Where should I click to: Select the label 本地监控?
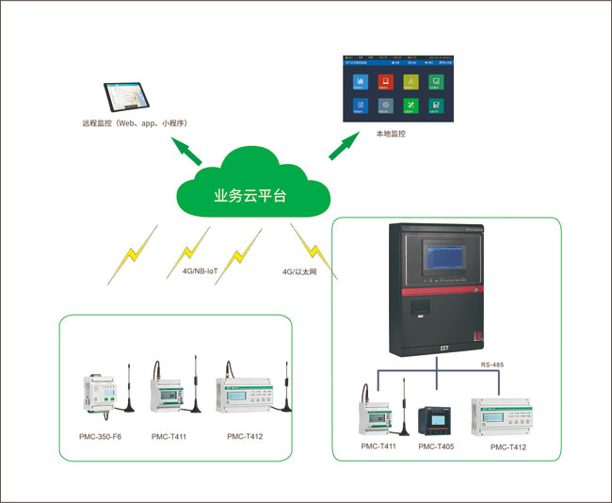390,135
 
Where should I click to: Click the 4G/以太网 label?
300,272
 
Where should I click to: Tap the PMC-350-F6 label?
101,437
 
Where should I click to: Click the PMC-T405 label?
437,446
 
